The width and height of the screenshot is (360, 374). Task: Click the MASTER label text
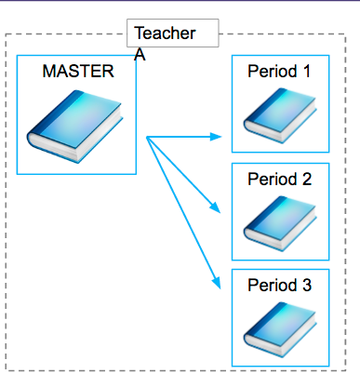(x=77, y=71)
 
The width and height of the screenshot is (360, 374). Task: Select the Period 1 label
(x=279, y=71)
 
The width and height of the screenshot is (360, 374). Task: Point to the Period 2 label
(x=279, y=178)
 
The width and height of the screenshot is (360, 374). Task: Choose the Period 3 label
(x=279, y=286)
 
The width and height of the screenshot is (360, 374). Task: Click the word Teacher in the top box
(x=165, y=33)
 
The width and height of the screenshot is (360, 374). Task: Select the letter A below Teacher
(x=140, y=55)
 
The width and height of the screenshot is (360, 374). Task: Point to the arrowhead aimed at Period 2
(x=216, y=207)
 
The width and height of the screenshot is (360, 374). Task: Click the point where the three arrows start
(x=148, y=138)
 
